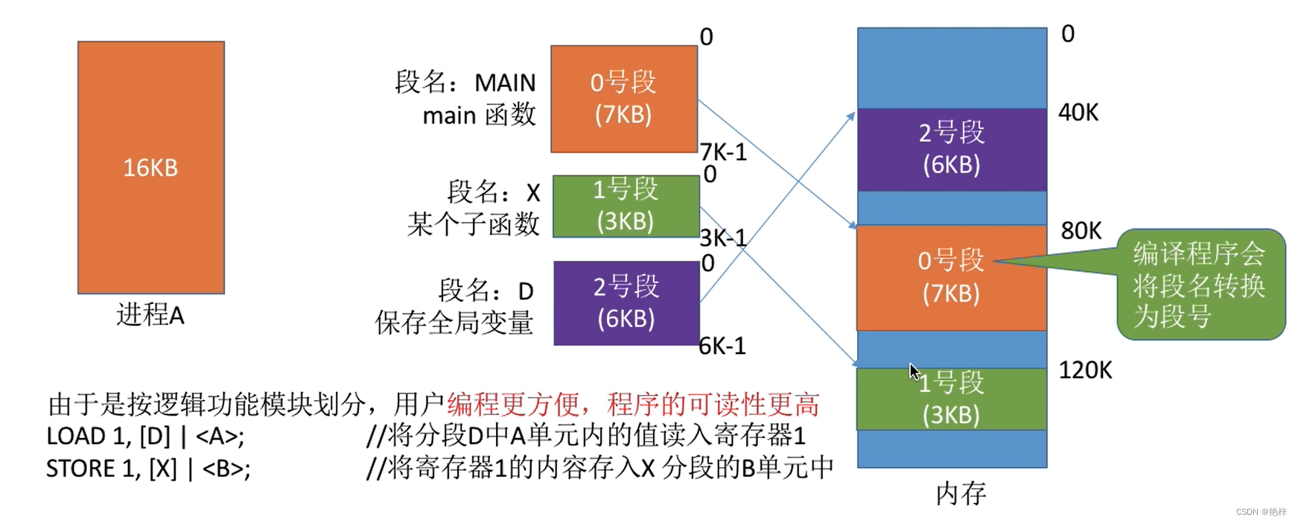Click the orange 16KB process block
tap(150, 167)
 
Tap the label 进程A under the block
tap(150, 315)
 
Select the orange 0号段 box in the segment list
tap(623, 98)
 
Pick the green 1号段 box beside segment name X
tap(626, 206)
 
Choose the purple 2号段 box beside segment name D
tap(626, 302)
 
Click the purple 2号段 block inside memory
tap(951, 148)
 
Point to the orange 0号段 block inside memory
tap(951, 276)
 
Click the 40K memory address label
tap(1078, 112)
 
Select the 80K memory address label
tap(1081, 231)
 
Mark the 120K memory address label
tap(1085, 370)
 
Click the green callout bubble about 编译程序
tap(1200, 285)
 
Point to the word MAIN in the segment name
tap(505, 83)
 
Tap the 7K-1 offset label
tap(723, 152)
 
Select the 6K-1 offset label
tap(722, 346)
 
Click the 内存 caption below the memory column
tap(961, 493)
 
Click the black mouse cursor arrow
tap(914, 371)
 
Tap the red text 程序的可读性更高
tap(713, 405)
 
